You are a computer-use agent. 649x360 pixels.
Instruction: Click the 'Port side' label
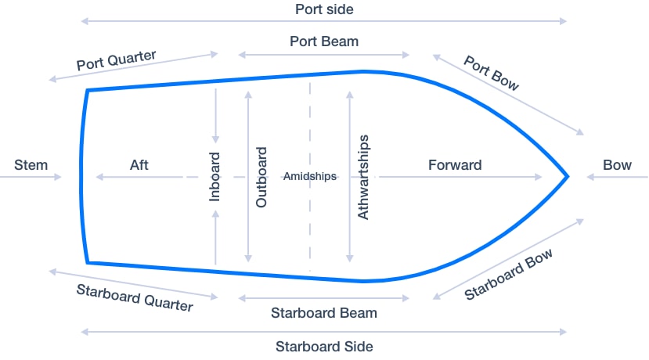pyautogui.click(x=323, y=9)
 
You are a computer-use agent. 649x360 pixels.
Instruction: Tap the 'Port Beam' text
pyautogui.click(x=323, y=41)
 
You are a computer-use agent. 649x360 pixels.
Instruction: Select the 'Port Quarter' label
pyautogui.click(x=117, y=61)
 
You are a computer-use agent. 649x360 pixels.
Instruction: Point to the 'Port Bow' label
pyautogui.click(x=491, y=73)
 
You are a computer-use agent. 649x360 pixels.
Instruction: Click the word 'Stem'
pyautogui.click(x=31, y=165)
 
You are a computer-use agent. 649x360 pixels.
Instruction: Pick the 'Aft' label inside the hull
pyautogui.click(x=139, y=165)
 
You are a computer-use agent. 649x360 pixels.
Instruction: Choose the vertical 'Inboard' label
pyautogui.click(x=215, y=178)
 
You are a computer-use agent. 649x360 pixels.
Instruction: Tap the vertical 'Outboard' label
pyautogui.click(x=261, y=177)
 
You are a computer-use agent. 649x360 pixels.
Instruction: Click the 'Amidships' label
pyautogui.click(x=310, y=176)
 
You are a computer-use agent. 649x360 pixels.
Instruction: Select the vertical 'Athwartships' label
pyautogui.click(x=363, y=177)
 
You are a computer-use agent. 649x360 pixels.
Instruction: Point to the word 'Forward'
pyautogui.click(x=455, y=165)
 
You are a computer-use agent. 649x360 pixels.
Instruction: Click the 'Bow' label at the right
pyautogui.click(x=617, y=165)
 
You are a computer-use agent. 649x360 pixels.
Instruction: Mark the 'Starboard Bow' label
pyautogui.click(x=509, y=274)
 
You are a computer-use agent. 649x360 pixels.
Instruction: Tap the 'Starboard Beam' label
pyautogui.click(x=324, y=313)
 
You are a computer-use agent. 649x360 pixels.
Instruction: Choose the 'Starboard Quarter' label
pyautogui.click(x=135, y=297)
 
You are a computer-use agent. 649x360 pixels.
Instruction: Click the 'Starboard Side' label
pyautogui.click(x=324, y=346)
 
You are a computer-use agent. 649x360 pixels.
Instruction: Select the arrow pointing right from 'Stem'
pyautogui.click(x=31, y=178)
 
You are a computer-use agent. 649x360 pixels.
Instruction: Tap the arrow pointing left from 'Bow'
pyautogui.click(x=617, y=178)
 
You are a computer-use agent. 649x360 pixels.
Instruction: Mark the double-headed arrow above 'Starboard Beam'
pyautogui.click(x=324, y=298)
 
